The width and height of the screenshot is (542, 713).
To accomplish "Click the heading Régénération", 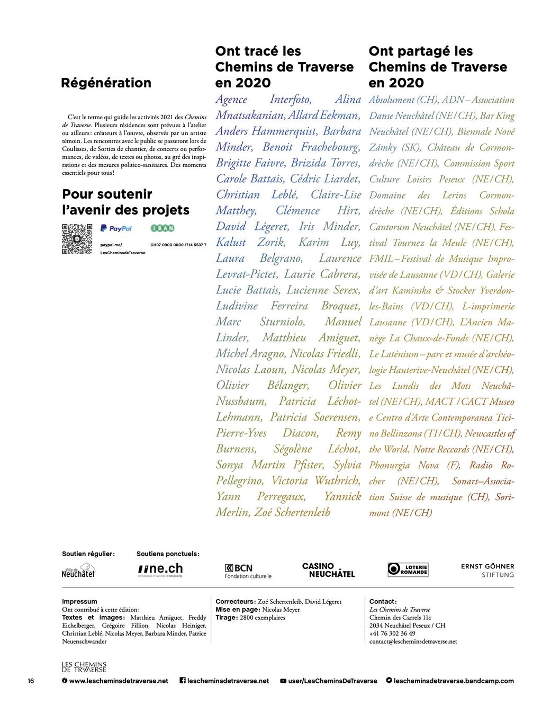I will click(106, 83).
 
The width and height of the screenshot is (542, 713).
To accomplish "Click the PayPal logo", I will click(116, 228).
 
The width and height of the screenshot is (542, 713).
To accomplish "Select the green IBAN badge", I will click(162, 228).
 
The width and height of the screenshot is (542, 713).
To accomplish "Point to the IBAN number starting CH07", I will click(178, 245).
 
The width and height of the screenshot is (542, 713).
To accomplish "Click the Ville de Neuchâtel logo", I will click(78, 571).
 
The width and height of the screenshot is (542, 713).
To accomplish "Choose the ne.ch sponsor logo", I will click(160, 570).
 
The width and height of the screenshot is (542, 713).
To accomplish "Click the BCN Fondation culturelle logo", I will click(248, 571).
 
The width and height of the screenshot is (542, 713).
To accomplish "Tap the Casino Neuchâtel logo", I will click(328, 570).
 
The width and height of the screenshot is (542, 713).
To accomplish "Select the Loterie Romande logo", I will click(408, 569).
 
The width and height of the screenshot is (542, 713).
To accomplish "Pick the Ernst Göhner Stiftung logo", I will click(487, 570).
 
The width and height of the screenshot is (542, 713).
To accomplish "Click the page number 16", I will click(31, 681).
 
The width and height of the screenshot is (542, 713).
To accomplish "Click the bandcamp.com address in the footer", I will click(453, 681).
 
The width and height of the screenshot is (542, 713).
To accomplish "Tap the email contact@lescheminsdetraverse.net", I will click(413, 641).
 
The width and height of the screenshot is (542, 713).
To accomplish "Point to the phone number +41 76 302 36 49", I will click(392, 633).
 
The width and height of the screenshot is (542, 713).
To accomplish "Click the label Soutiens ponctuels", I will click(168, 554).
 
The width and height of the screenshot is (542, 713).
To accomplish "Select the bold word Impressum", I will click(79, 601).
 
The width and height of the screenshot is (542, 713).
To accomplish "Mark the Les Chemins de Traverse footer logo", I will click(84, 666).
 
